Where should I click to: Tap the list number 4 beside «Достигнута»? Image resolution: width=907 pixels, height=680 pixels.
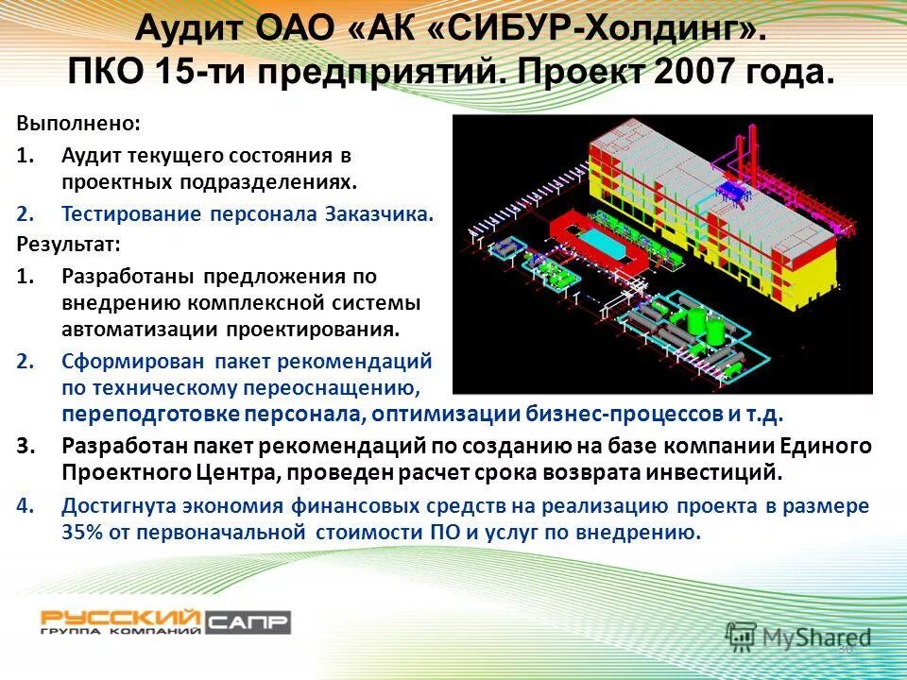click(24, 505)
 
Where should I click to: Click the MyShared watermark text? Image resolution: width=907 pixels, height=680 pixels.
click(817, 637)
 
